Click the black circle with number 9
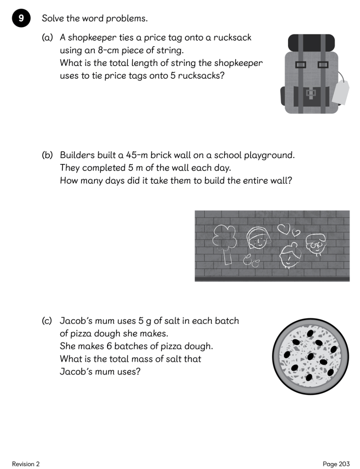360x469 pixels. [x=21, y=19]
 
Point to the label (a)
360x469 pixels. [x=48, y=38]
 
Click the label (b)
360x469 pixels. [x=48, y=155]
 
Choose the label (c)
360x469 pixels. [x=47, y=321]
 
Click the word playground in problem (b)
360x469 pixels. [x=269, y=155]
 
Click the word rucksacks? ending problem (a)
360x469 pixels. [x=201, y=76]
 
